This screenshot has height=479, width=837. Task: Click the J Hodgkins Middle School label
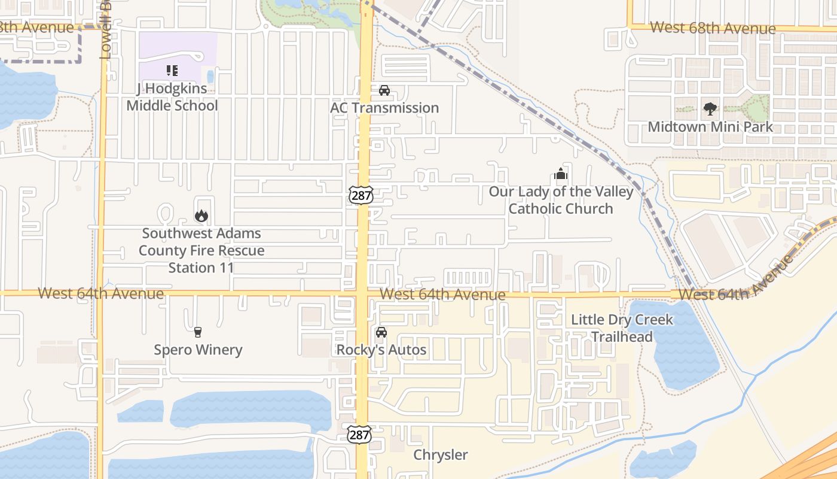[x=172, y=97]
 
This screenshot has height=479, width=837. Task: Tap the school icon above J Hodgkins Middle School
[x=172, y=71]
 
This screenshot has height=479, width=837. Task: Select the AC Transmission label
[x=384, y=108]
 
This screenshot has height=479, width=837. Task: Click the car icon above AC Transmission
[x=384, y=90]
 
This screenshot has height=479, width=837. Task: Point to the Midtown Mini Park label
[x=710, y=127]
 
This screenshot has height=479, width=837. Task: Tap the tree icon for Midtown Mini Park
[x=710, y=109]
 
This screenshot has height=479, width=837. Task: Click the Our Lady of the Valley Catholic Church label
[x=561, y=200]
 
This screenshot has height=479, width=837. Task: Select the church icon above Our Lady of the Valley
[x=561, y=174]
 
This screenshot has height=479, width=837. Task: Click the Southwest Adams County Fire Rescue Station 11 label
[x=201, y=250]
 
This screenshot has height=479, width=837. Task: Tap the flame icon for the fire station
[x=201, y=216]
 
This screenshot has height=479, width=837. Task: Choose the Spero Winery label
[x=198, y=350]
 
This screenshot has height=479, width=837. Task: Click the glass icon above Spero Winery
[x=198, y=332]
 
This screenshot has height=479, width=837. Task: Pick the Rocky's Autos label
[x=381, y=350]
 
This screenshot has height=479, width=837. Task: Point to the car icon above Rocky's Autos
[x=381, y=332]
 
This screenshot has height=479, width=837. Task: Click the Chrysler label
[x=441, y=455]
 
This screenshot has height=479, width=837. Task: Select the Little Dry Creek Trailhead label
[x=622, y=328]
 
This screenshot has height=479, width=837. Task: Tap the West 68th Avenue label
[x=713, y=28]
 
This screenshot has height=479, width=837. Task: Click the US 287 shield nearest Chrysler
[x=359, y=434]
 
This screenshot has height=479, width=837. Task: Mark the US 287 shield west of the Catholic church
[x=361, y=195]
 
